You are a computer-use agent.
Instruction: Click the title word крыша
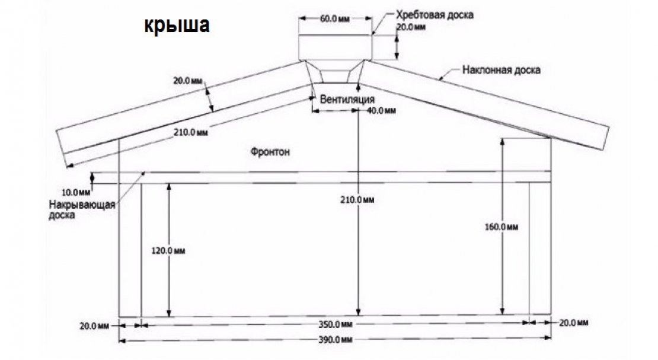pos(177,26)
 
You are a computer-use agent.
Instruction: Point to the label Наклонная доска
pos(501,70)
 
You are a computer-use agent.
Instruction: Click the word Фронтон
pos(270,152)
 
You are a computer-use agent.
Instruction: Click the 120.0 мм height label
pos(169,251)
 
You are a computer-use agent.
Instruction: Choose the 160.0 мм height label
pos(502,226)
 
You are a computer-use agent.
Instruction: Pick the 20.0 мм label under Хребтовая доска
pos(411,27)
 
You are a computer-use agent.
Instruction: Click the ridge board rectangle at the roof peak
pos(336,47)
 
